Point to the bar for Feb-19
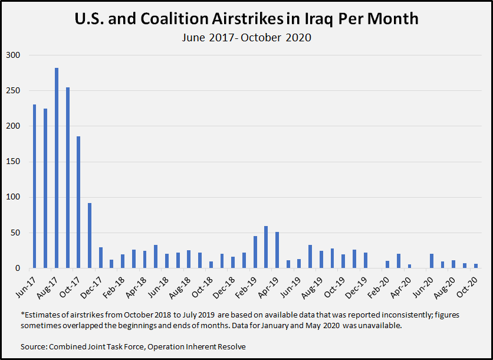tap(255, 252)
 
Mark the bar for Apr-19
tap(277, 250)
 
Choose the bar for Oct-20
tap(476, 266)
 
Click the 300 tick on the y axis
tap(13, 55)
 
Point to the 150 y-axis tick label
tap(13, 162)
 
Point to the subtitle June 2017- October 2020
tap(246, 38)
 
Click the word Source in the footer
tap(34, 346)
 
